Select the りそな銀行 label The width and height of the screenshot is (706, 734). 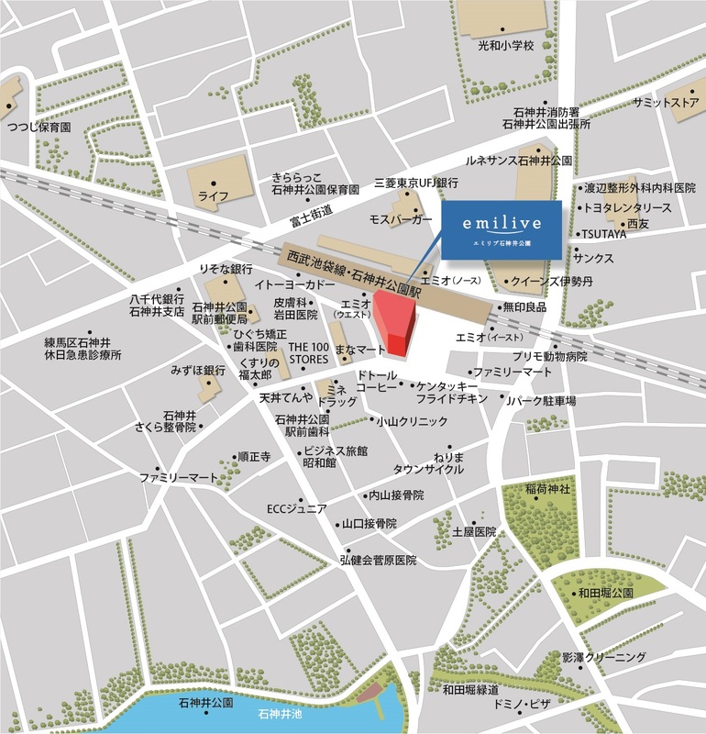pyautogui.click(x=226, y=269)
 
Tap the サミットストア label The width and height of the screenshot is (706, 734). pyautogui.click(x=666, y=105)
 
